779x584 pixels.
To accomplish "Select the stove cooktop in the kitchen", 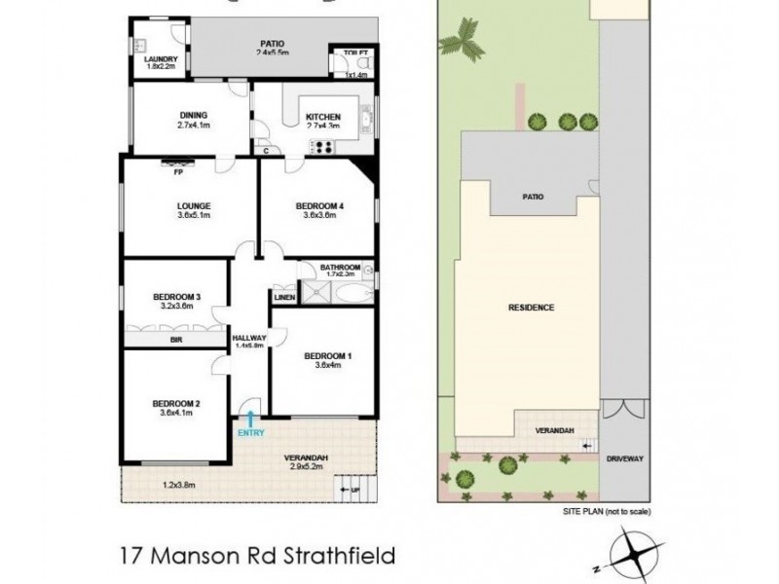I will point(323,147).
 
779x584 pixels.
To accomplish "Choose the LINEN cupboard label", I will point(284,297).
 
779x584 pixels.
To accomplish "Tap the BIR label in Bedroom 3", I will point(176,340).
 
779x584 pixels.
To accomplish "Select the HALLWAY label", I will point(250,337).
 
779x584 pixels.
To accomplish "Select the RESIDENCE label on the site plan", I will point(531,308).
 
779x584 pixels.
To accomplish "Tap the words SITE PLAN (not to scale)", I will point(606,511).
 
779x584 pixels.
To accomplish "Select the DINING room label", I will point(192,115).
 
